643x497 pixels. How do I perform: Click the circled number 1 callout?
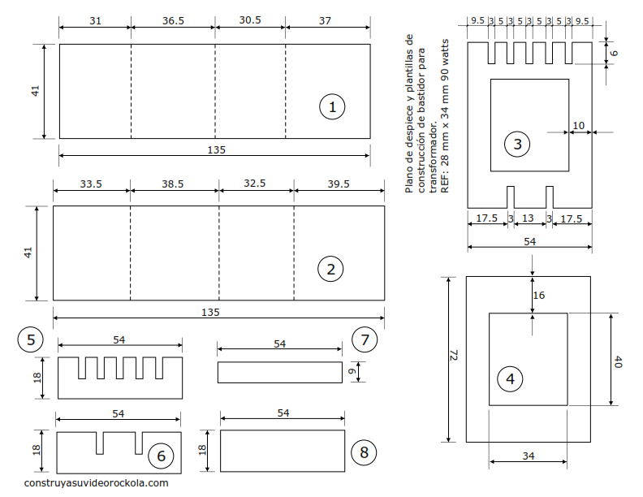(332, 106)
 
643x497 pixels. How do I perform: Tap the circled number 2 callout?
(330, 269)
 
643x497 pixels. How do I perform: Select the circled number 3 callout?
(517, 144)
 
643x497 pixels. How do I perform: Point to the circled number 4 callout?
(510, 378)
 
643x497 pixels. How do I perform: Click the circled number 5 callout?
(30, 339)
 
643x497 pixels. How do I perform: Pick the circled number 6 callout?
(162, 456)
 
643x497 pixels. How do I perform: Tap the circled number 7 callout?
(365, 339)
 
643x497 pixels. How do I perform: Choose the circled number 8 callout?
(365, 452)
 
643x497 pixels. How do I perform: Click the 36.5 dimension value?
(173, 20)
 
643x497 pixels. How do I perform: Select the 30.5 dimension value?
(250, 19)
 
